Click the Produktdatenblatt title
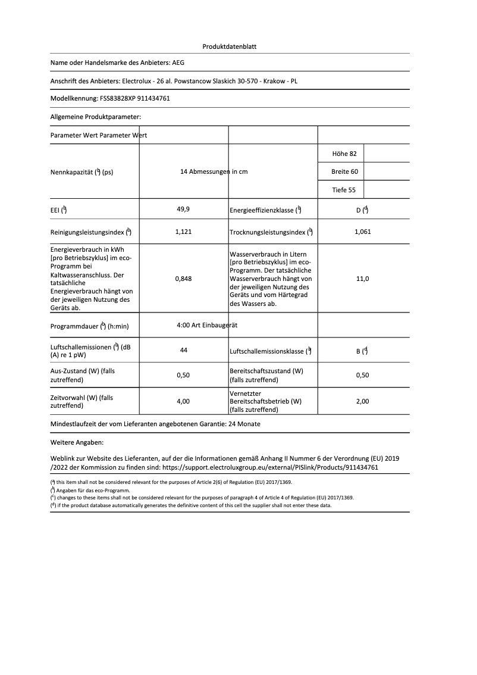(230, 46)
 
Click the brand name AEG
(187, 62)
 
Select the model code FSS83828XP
(111, 98)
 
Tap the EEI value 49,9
(183, 210)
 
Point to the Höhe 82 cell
(344, 154)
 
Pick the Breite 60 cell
(344, 171)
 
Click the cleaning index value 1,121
(183, 232)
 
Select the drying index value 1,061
(362, 232)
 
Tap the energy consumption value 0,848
(183, 278)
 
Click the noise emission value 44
(183, 351)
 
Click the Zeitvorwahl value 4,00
(183, 401)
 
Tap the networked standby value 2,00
(362, 401)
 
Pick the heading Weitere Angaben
(77, 443)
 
